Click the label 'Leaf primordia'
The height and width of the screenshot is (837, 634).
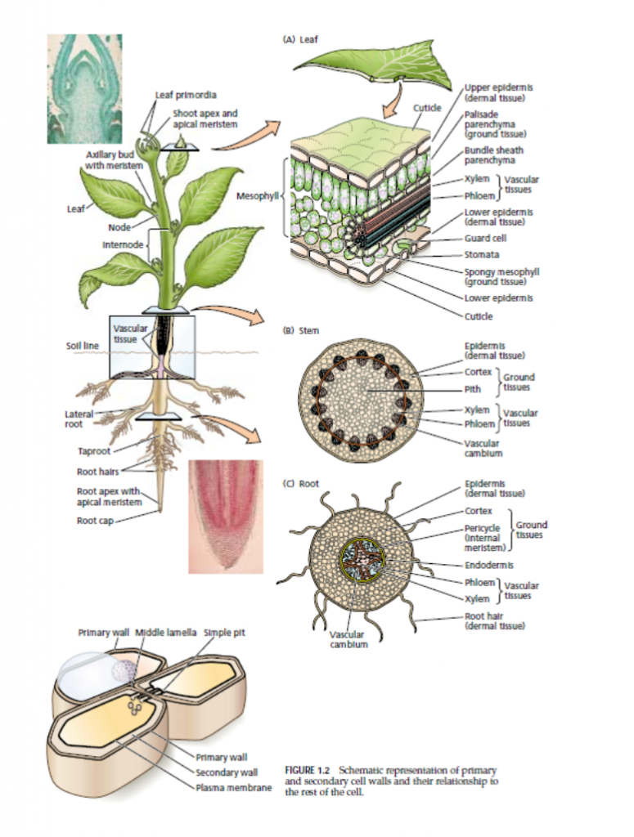pos(186,96)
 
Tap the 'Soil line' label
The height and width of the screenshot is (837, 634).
pos(82,346)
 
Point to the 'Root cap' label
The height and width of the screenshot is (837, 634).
pos(94,521)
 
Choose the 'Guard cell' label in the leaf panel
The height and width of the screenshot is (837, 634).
pos(485,239)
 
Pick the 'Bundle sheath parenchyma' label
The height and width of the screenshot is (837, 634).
pos(493,155)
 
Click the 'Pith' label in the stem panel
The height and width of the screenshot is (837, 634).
pos(472,390)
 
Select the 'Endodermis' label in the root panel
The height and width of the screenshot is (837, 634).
pos(489,564)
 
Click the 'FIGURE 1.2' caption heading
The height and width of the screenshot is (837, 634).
pos(308,770)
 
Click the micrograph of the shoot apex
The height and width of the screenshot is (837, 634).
pos(84,88)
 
